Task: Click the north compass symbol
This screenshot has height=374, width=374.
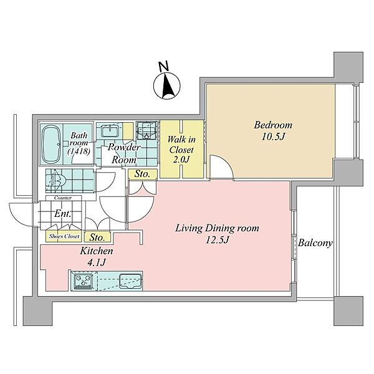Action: (x=166, y=86)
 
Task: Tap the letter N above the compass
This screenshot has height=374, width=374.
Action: (x=163, y=66)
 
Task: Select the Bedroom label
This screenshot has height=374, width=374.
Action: (x=273, y=125)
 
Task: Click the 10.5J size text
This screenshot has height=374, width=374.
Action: (x=274, y=137)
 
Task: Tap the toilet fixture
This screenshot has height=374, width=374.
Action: (x=55, y=181)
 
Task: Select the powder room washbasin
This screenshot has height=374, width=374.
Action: (x=110, y=131)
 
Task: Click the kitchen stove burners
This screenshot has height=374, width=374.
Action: (x=83, y=280)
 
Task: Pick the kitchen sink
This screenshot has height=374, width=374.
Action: (x=130, y=280)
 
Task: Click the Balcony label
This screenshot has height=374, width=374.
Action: (x=315, y=244)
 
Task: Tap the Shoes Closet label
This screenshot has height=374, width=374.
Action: (x=64, y=236)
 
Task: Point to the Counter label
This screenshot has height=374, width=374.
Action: (x=63, y=198)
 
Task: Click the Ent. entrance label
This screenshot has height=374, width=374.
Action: (x=63, y=214)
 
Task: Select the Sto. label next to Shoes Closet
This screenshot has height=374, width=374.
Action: (x=97, y=237)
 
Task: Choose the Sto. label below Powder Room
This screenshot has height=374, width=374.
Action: (x=142, y=174)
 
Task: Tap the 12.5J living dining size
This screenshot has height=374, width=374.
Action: (x=217, y=240)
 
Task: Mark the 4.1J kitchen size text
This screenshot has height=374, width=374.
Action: (x=97, y=262)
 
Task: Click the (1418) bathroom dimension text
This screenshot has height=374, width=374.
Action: (x=79, y=151)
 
